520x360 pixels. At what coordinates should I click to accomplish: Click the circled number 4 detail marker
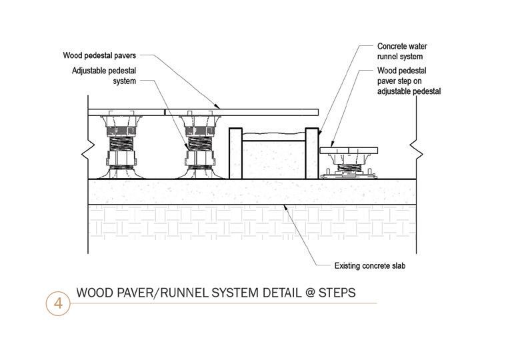click(58, 303)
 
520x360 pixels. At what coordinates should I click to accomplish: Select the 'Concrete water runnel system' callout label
click(402, 52)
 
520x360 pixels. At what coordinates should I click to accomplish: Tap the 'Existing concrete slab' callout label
click(370, 266)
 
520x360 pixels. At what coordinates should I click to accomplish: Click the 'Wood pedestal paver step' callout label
click(409, 80)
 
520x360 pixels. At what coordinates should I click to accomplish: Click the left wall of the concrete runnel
click(234, 153)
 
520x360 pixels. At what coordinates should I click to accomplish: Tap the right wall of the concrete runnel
click(310, 153)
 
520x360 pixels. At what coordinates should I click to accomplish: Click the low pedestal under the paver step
click(349, 166)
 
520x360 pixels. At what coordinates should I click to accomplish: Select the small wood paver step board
click(348, 150)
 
